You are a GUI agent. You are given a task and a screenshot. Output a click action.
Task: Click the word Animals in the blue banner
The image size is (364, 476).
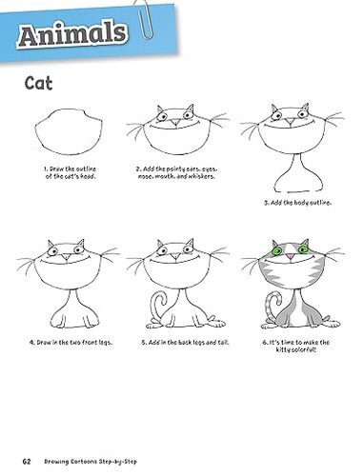tap(72, 34)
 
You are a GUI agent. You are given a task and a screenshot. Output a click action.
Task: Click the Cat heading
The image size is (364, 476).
tap(38, 83)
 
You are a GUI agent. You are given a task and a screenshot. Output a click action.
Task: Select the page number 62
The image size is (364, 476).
tap(27, 461)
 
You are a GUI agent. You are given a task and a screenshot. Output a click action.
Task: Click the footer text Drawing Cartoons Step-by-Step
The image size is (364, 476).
tap(91, 462)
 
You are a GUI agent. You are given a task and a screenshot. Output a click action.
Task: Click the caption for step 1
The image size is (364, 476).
tap(71, 172)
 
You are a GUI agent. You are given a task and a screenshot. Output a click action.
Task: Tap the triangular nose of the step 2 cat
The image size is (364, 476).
tap(175, 123)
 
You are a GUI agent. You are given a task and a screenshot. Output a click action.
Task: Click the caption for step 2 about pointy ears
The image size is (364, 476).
tap(177, 172)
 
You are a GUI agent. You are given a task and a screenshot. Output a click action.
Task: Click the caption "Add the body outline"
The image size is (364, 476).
tap(297, 203)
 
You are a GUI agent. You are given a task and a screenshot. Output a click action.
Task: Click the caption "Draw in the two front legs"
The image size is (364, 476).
tap(71, 343)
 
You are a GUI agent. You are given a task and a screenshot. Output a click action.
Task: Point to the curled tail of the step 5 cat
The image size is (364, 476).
tap(154, 307)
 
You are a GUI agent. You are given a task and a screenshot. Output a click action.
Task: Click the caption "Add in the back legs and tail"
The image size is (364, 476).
tap(185, 343)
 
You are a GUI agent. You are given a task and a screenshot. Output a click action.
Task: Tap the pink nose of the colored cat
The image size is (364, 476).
tap(290, 256)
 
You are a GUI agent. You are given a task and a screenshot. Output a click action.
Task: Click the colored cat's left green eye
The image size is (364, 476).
tap(276, 251)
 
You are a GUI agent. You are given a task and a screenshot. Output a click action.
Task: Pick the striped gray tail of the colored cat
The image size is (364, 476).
tap(270, 307)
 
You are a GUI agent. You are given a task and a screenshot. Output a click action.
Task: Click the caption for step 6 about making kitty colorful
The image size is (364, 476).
tap(296, 346)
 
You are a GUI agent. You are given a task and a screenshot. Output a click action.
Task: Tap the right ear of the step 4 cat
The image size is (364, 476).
tap(81, 245)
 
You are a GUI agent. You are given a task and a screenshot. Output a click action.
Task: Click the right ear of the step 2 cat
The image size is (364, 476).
tap(190, 109)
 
